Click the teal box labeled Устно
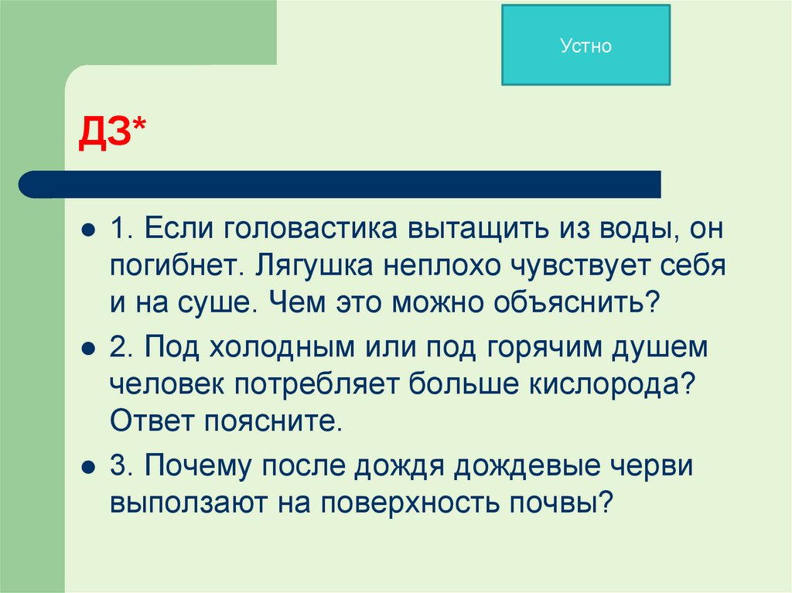pyautogui.click(x=585, y=45)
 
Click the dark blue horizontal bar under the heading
pyautogui.click(x=340, y=184)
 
